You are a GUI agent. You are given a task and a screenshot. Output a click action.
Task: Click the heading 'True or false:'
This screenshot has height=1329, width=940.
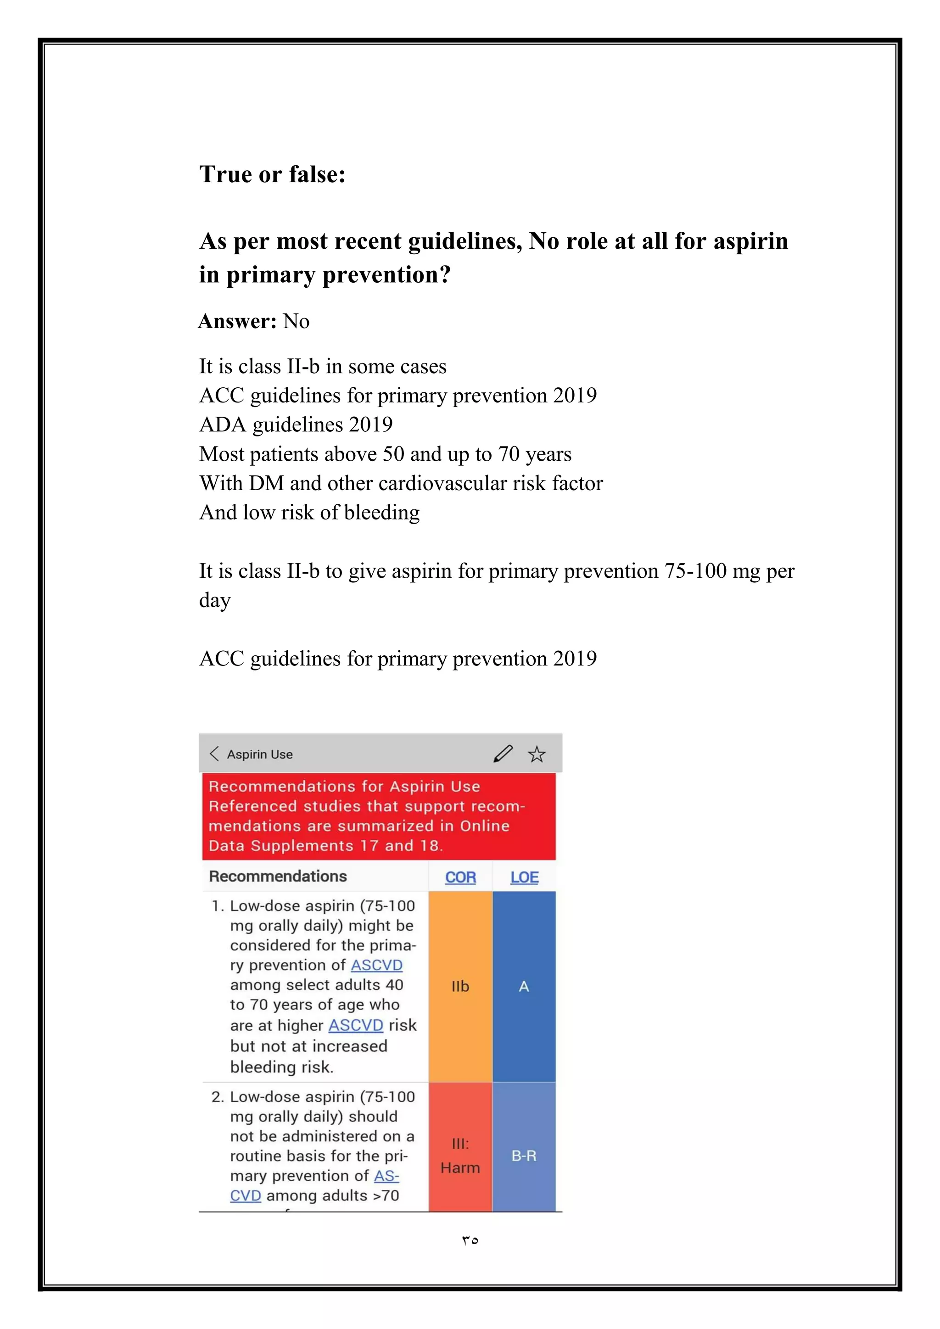tap(272, 174)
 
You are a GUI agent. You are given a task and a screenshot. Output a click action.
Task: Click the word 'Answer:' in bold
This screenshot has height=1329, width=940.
tap(238, 321)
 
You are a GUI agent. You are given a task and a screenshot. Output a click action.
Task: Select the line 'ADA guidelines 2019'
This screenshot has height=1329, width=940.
tap(296, 425)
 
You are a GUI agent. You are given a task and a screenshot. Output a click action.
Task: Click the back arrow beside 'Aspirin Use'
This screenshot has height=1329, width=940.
tap(214, 754)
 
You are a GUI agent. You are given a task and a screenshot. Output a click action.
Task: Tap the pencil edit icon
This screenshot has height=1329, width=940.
tap(503, 754)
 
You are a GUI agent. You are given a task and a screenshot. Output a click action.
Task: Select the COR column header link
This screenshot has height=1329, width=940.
tap(460, 877)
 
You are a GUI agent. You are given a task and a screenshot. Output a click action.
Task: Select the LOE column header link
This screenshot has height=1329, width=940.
tap(524, 877)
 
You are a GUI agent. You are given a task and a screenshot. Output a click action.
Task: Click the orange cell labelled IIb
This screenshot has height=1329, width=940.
tap(460, 986)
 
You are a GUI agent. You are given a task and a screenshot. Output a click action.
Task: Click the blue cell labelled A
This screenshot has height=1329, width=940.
tap(524, 986)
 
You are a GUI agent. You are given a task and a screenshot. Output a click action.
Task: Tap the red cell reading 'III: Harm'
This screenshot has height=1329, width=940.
tap(460, 1156)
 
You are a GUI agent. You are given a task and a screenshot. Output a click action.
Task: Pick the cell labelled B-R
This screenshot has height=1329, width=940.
tap(524, 1156)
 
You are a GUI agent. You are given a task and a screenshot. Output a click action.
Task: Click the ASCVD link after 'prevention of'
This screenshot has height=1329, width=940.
tap(376, 965)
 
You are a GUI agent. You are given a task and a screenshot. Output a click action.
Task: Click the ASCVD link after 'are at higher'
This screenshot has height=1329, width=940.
tap(355, 1025)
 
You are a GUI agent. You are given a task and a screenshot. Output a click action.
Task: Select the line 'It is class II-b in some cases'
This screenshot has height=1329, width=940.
tap(322, 366)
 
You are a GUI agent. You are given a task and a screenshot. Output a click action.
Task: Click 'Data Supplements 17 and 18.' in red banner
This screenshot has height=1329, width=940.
tap(325, 846)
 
